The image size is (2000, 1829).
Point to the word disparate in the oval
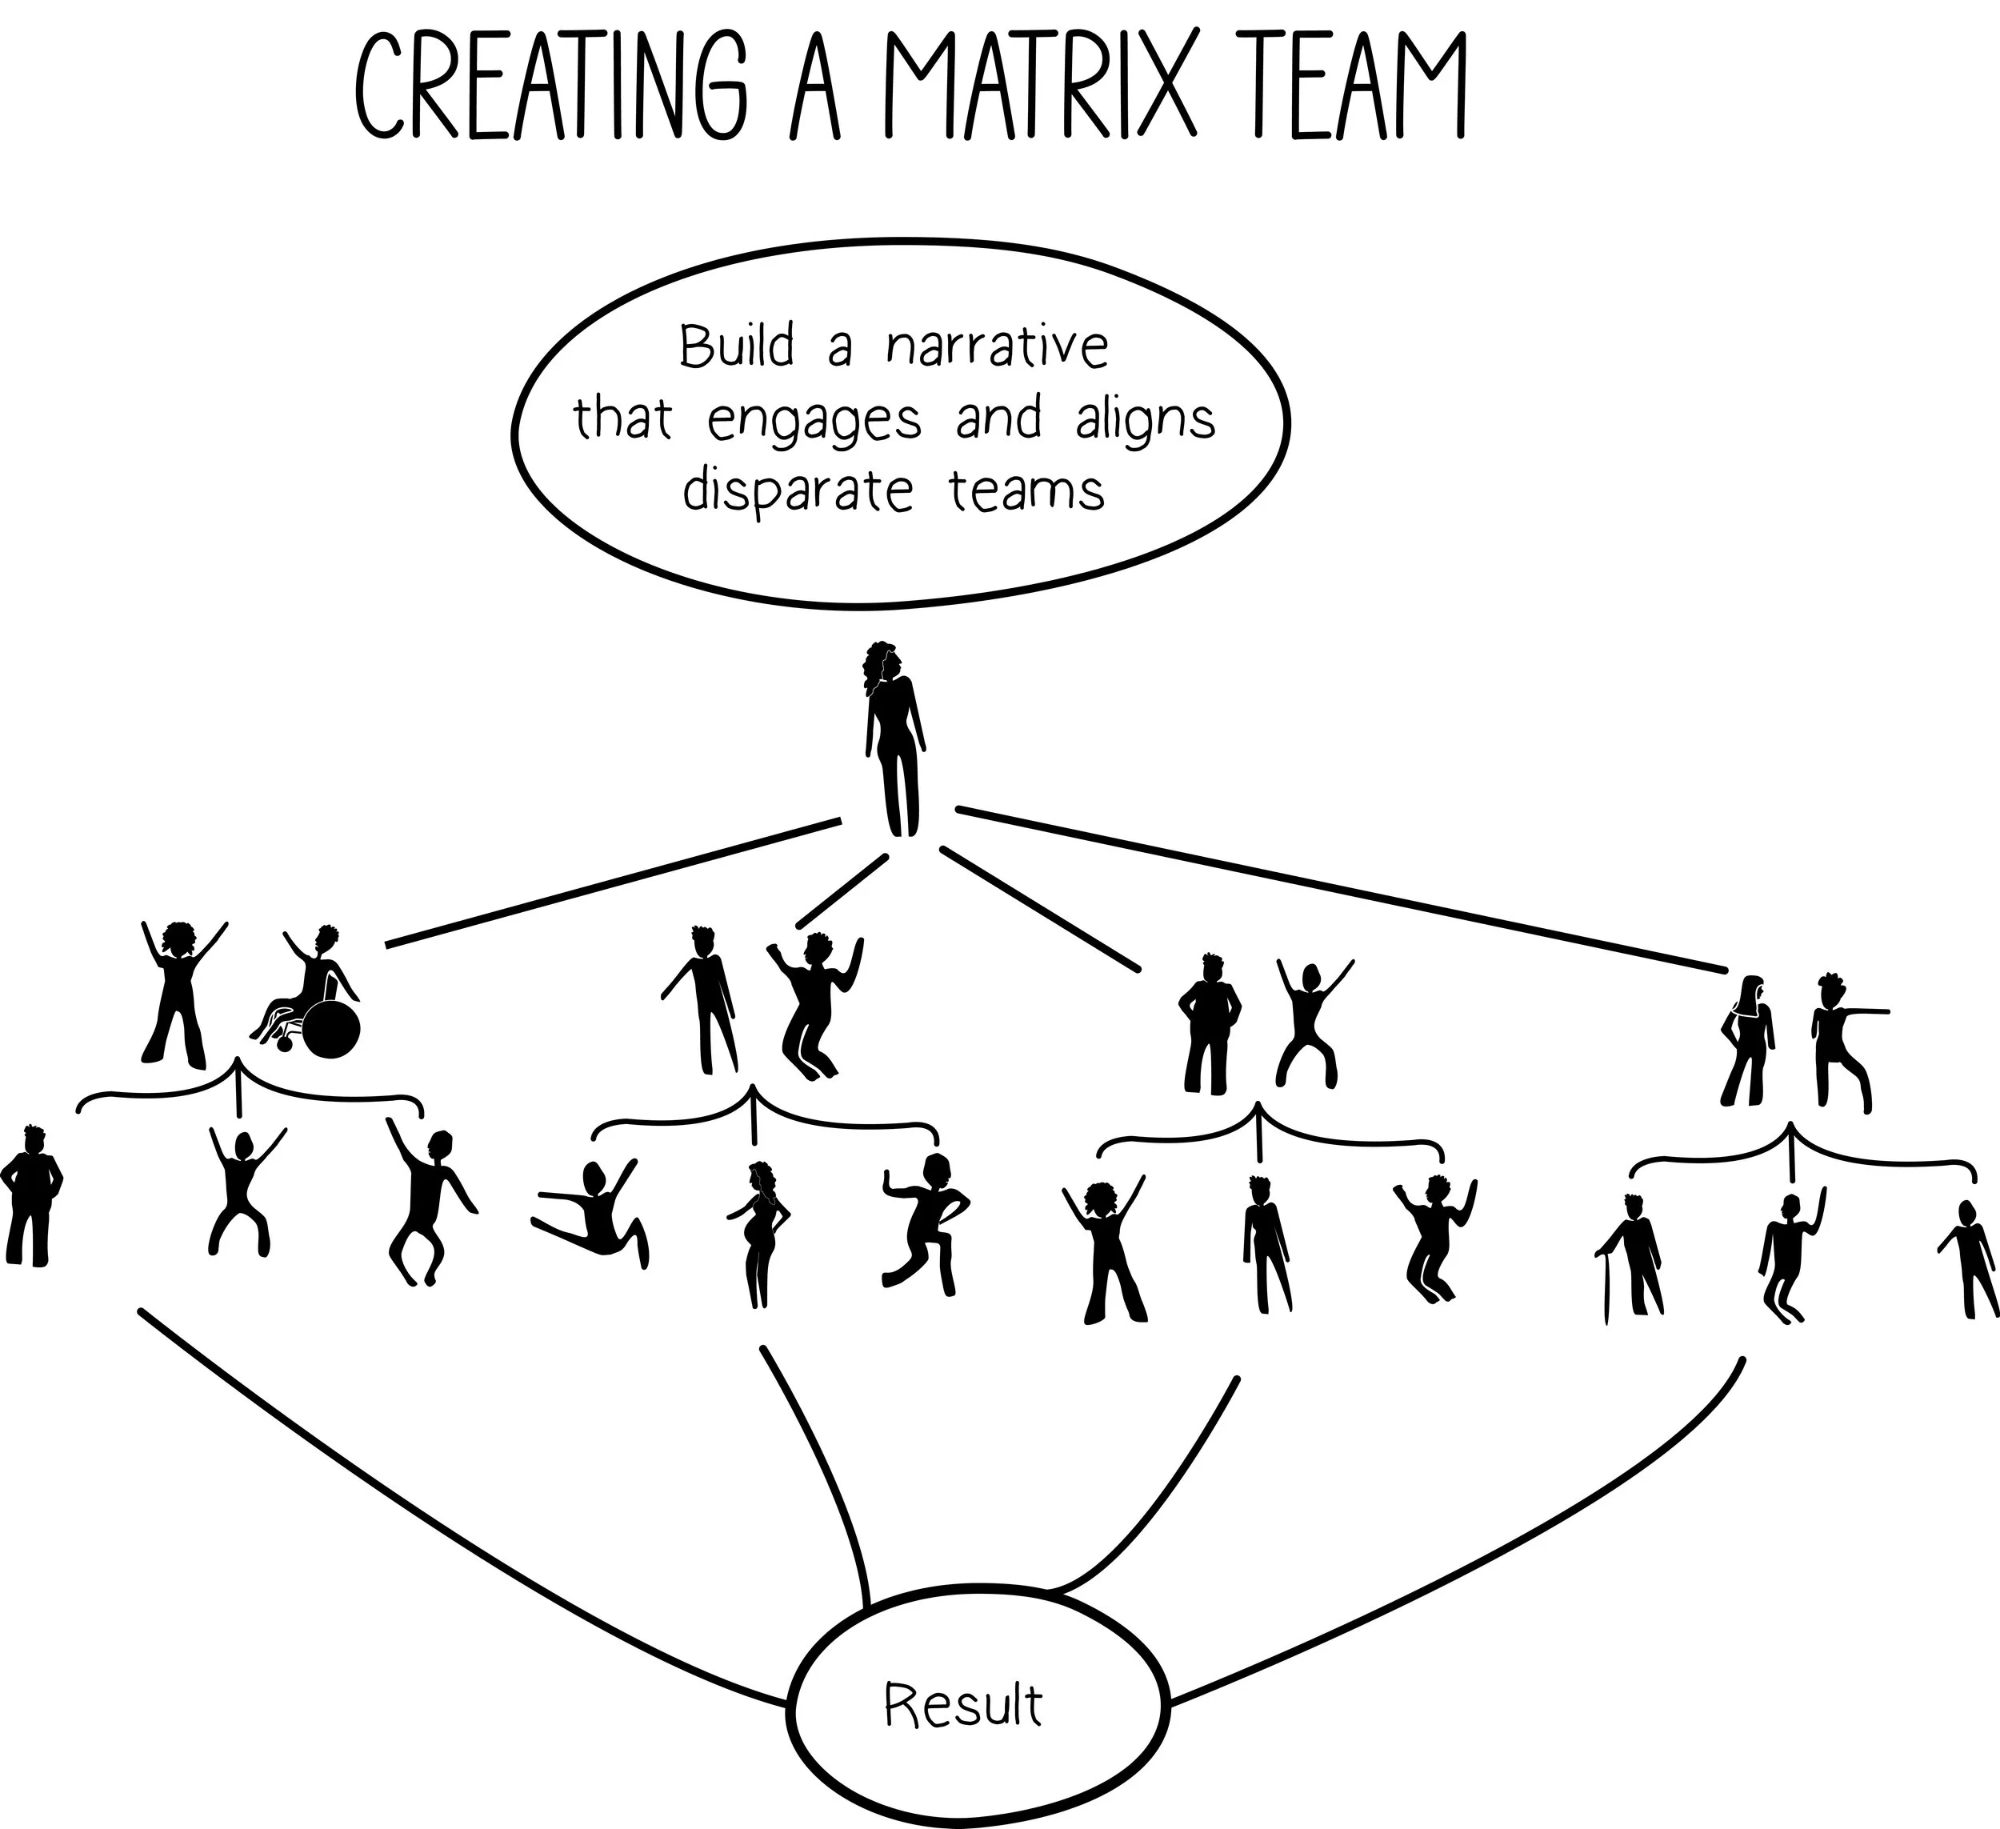[798, 492]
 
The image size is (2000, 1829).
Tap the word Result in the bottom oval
[962, 1705]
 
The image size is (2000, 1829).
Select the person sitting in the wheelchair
[315, 992]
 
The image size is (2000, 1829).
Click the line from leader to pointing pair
[1339, 888]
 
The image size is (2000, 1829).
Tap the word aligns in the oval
[1145, 421]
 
